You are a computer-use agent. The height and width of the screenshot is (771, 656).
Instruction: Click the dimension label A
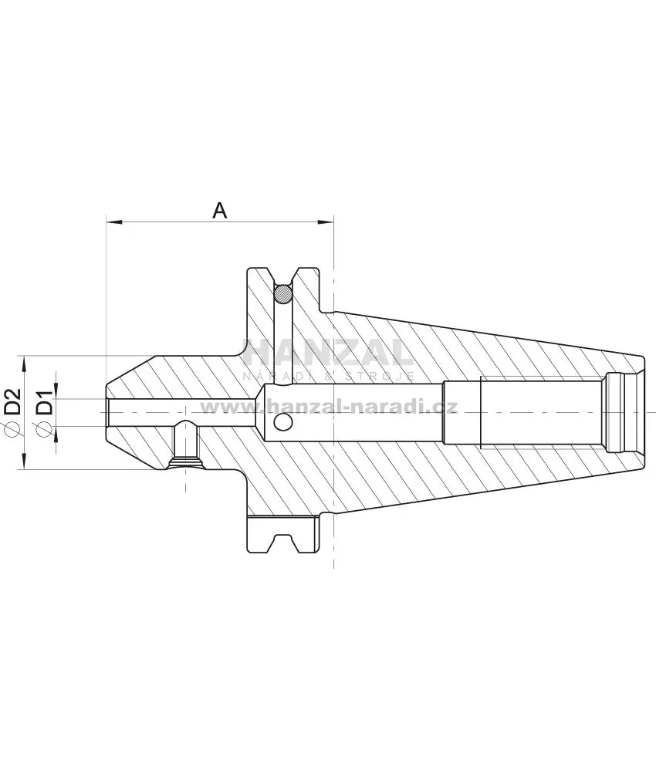(220, 211)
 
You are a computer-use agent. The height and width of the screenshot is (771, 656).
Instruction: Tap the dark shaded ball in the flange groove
(283, 295)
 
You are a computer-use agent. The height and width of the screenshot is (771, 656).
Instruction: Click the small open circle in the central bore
(283, 421)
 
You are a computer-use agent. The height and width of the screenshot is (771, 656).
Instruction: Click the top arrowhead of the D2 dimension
(24, 363)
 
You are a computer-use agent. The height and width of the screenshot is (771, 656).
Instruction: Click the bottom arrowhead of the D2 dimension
(24, 462)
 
